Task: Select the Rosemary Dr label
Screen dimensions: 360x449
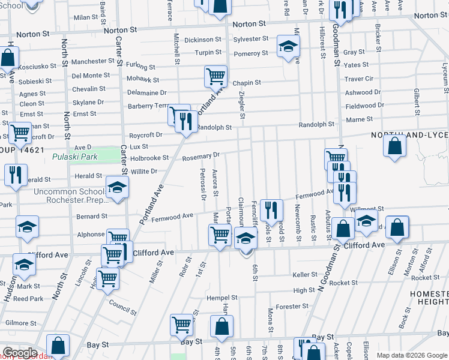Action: [x=200, y=155]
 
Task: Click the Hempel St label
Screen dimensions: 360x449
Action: [x=223, y=297]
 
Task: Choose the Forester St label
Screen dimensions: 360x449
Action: [x=292, y=306]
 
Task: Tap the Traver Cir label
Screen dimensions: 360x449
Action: [x=359, y=79]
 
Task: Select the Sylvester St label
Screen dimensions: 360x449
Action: [x=251, y=39]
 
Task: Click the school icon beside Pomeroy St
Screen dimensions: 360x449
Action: [x=288, y=46]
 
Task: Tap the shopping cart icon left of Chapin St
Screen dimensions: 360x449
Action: [x=215, y=76]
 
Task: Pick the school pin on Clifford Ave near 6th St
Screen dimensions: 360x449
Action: [x=245, y=239]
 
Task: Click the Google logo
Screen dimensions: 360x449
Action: [x=20, y=353]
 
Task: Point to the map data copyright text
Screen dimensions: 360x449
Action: [x=412, y=355]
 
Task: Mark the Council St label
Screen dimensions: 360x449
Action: [x=122, y=304]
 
